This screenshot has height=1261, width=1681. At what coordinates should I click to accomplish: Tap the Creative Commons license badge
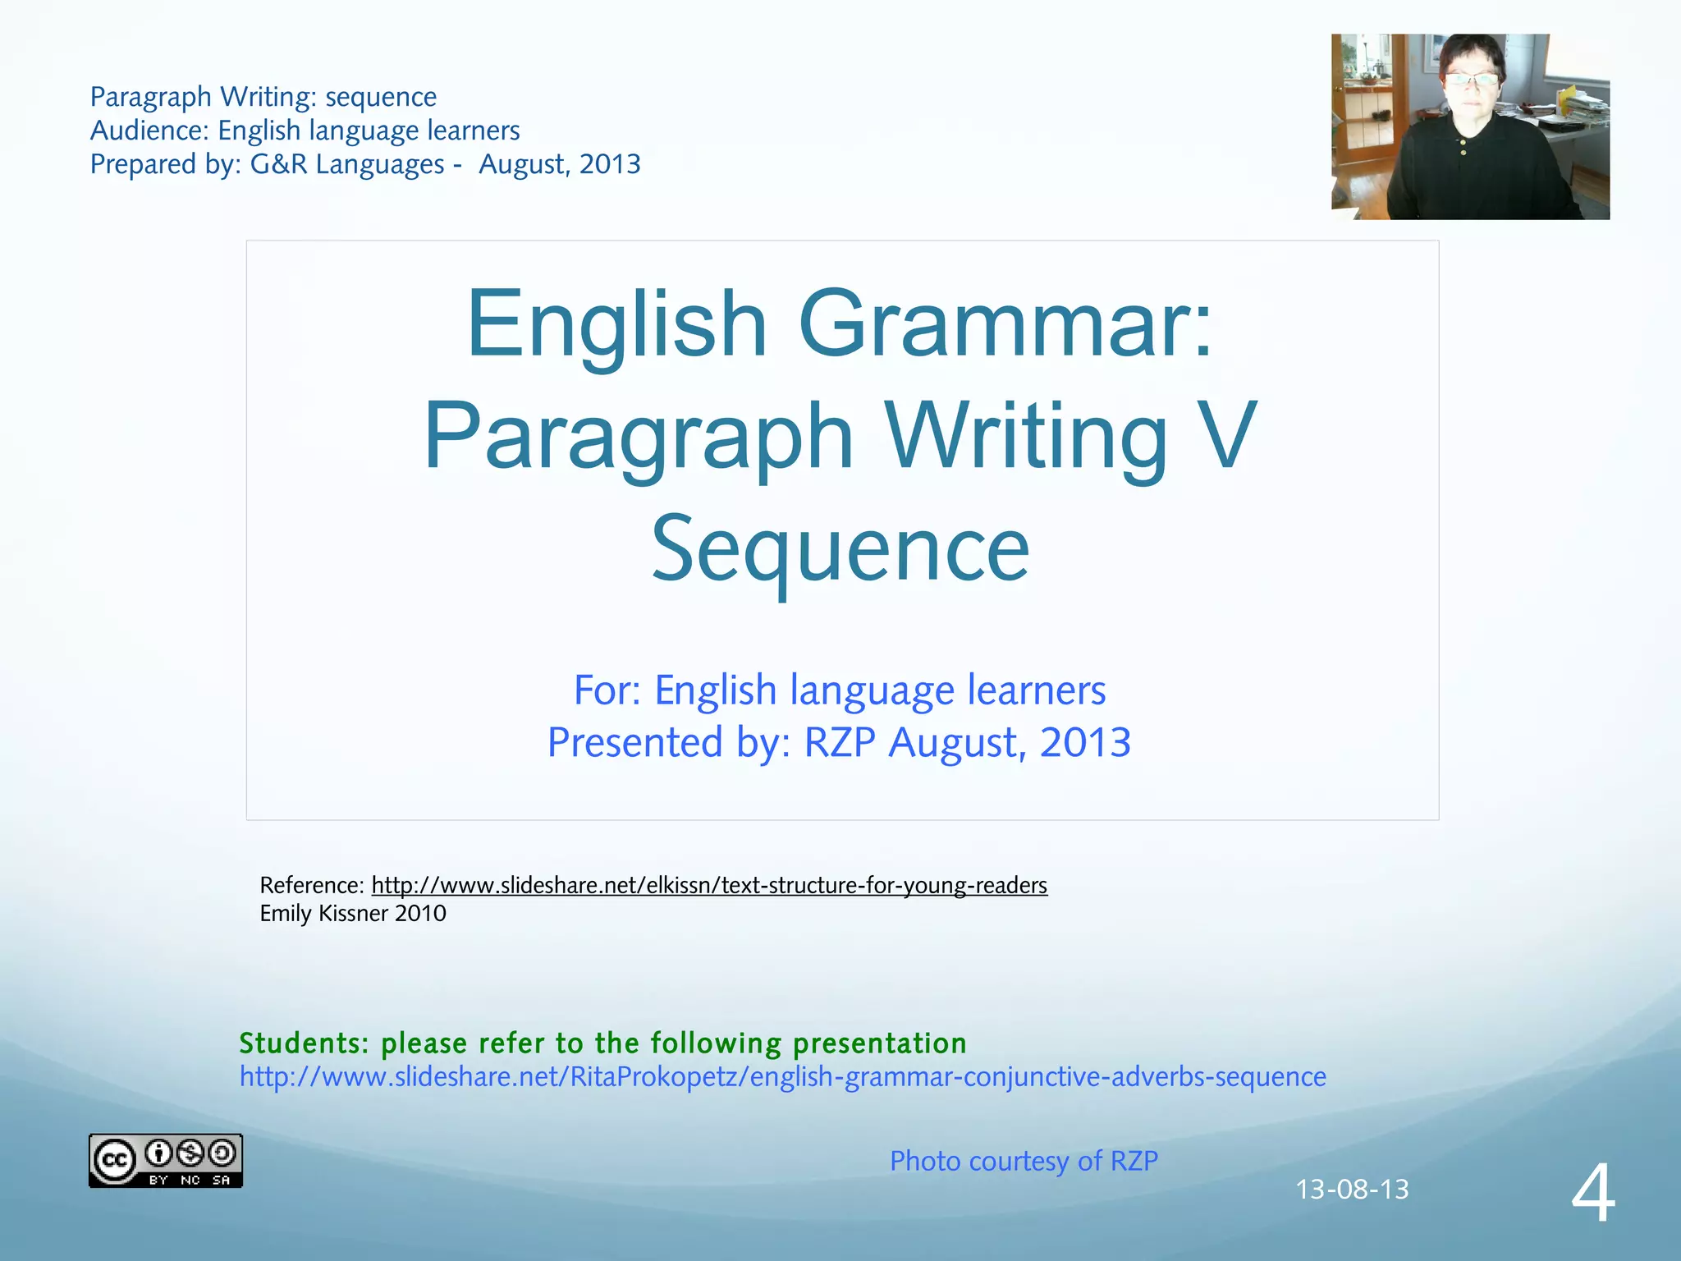tap(165, 1160)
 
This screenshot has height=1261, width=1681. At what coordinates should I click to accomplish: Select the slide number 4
tap(1593, 1195)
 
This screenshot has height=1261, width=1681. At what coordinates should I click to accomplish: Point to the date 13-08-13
tap(1352, 1189)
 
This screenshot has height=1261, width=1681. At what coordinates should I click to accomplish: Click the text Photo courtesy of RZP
tap(1024, 1161)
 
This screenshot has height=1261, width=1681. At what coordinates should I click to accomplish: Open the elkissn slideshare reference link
tap(709, 885)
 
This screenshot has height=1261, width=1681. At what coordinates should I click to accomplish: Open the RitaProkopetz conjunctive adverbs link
tap(782, 1076)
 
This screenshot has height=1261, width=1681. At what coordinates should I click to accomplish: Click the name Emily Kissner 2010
tap(353, 913)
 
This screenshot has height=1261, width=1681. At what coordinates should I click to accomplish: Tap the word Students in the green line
tap(304, 1043)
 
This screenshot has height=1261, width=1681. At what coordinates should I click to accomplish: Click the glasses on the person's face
tap(1472, 80)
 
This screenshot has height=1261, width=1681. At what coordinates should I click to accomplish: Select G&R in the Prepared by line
tap(279, 164)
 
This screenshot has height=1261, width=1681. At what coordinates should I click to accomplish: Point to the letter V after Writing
tap(1226, 437)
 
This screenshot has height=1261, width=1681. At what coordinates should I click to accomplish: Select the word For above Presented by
tap(606, 690)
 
